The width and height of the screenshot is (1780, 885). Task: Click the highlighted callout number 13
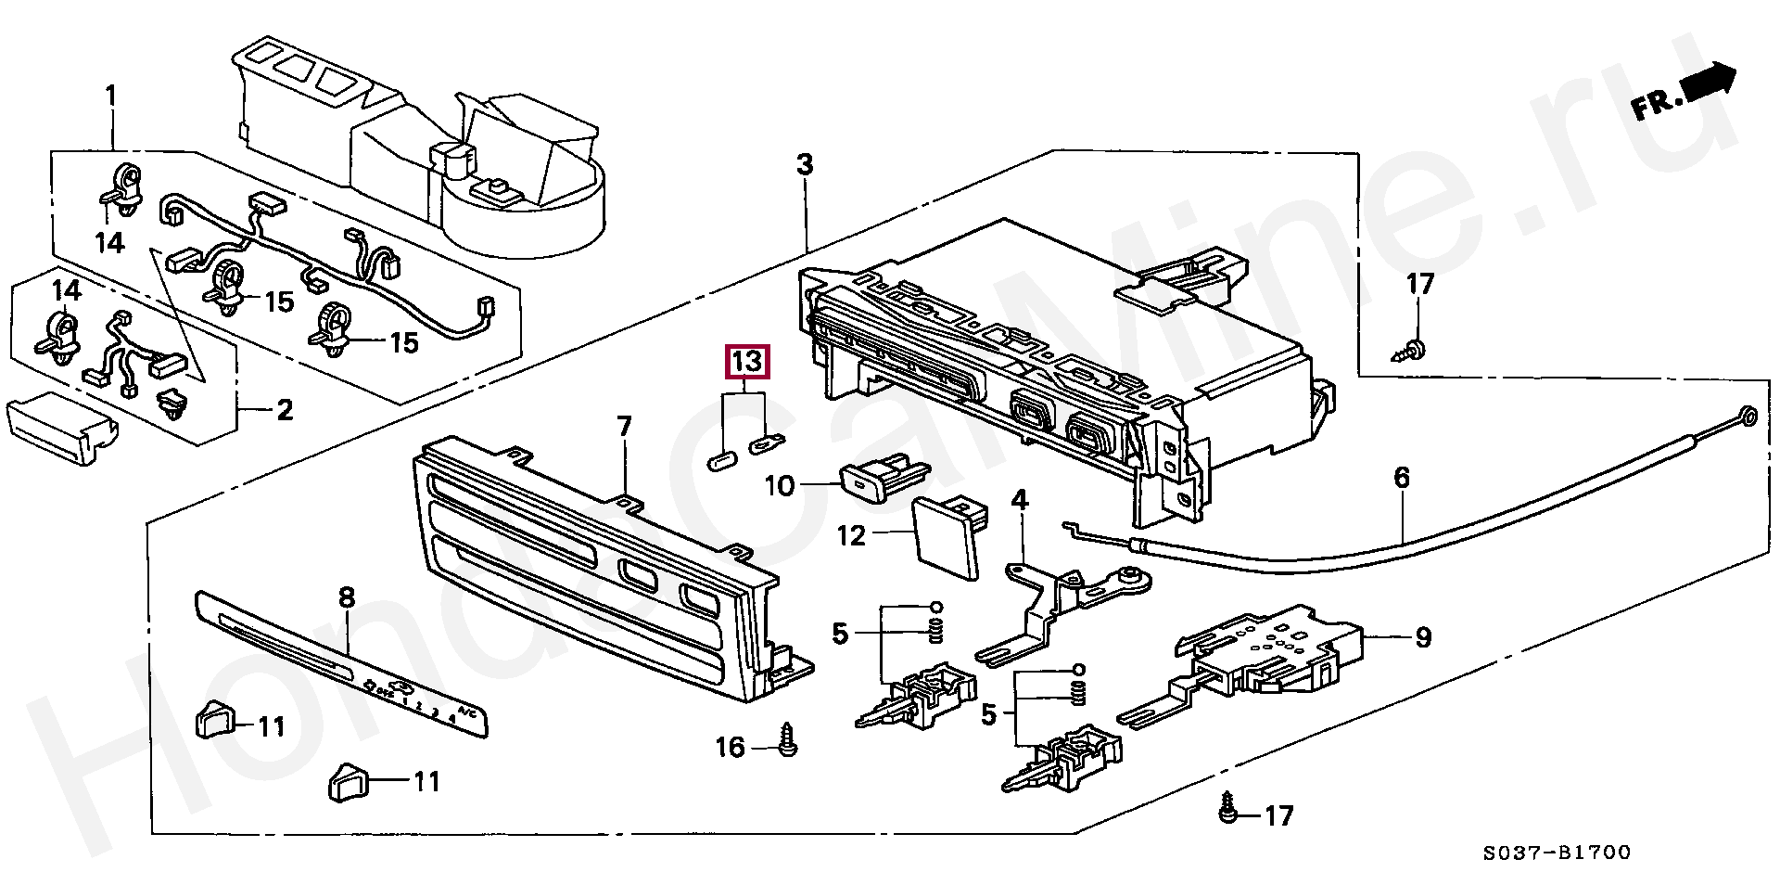(747, 361)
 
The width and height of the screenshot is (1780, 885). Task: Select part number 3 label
(805, 165)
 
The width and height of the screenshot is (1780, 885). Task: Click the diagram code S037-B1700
(1557, 853)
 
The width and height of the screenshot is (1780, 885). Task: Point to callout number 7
(625, 427)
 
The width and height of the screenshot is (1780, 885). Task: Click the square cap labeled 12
(947, 538)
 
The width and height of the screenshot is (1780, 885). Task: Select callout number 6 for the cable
(1402, 478)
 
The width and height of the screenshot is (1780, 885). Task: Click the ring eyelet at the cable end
(1746, 417)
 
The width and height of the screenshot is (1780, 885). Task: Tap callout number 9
(1423, 637)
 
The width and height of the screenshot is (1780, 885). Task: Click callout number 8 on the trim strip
(347, 597)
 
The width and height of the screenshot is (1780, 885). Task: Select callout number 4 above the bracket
(1020, 501)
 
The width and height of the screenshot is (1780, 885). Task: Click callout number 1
(111, 96)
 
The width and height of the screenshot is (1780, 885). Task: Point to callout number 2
(285, 409)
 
